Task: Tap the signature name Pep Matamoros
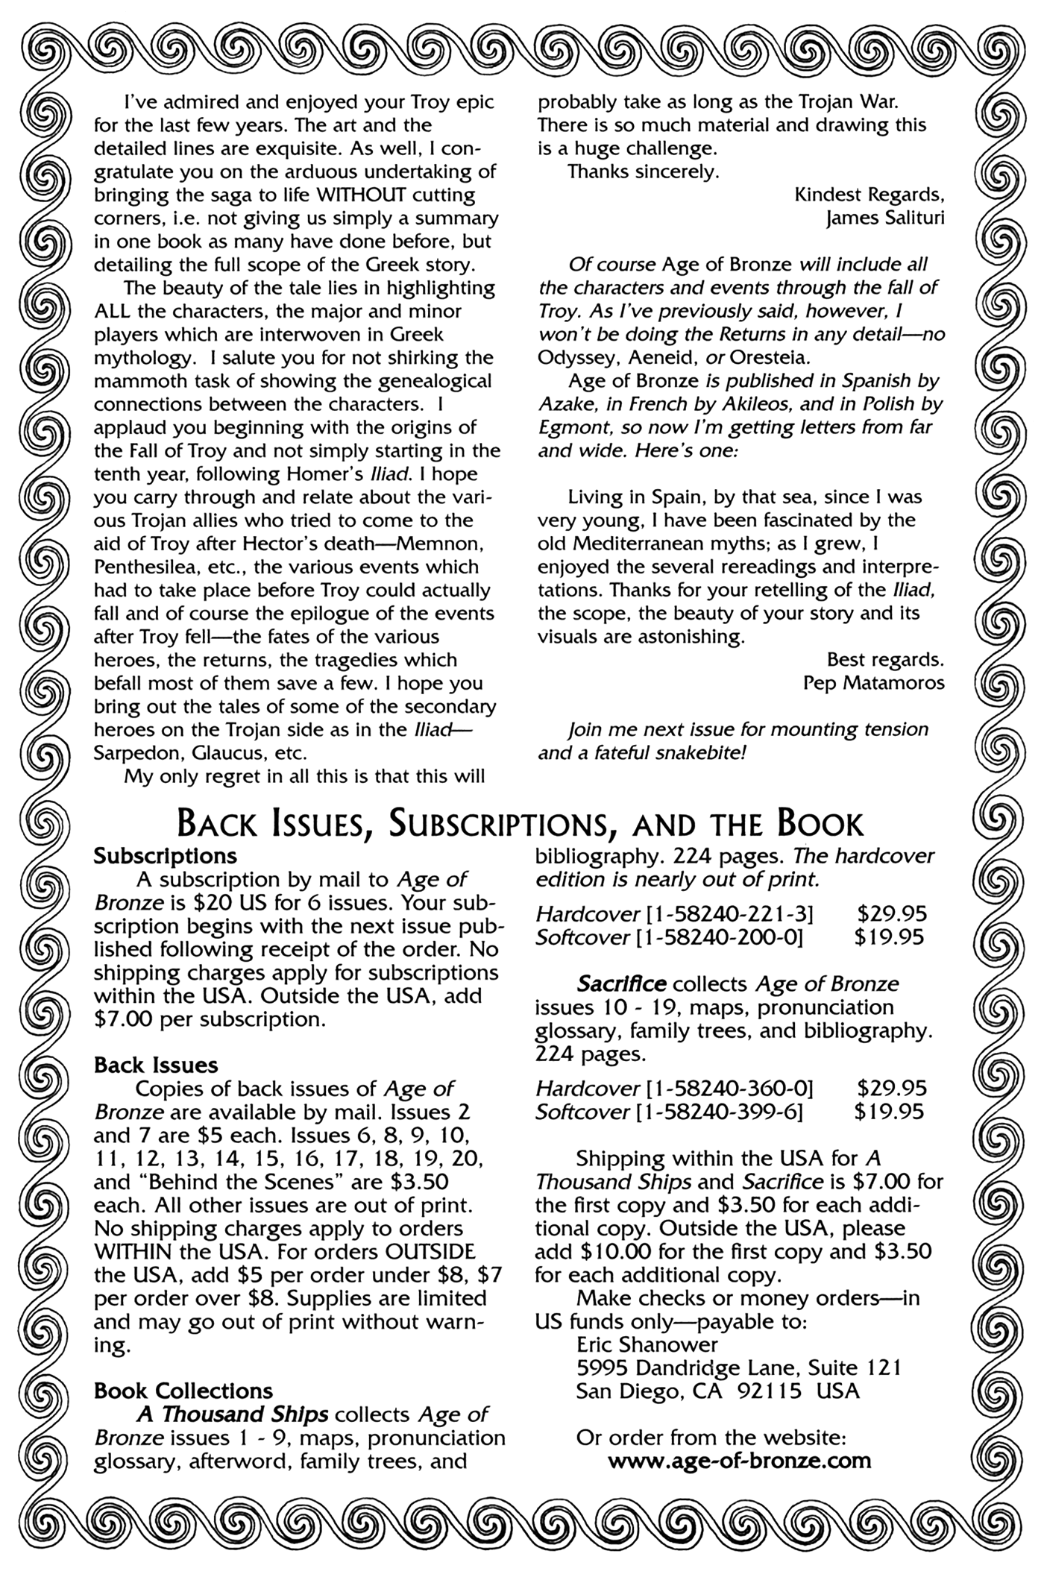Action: coord(874,683)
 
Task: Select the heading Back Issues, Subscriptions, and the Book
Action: coord(521,824)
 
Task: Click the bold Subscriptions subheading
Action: coord(166,855)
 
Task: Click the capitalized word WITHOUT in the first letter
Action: coord(361,195)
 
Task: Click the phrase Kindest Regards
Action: coord(870,195)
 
